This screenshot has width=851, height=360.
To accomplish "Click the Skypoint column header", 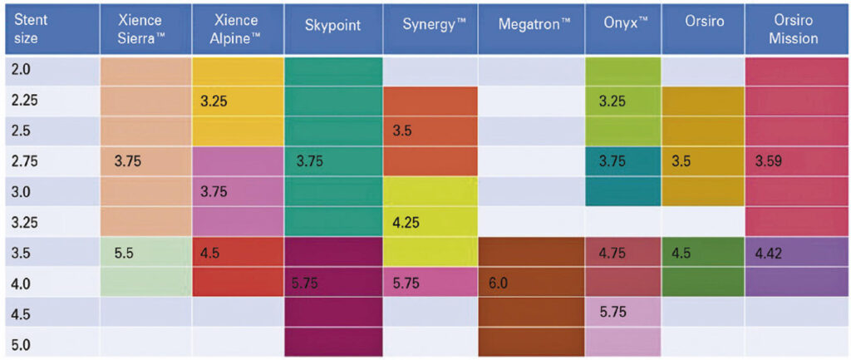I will tap(332, 25).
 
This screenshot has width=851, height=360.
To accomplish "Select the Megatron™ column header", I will tap(529, 25).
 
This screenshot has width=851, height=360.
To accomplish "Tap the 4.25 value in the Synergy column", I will tap(406, 223).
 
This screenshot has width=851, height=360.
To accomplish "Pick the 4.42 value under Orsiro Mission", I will tap(768, 253).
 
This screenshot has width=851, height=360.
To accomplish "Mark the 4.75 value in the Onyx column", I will tap(612, 253).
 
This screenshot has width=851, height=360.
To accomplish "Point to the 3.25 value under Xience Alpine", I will tap(214, 101).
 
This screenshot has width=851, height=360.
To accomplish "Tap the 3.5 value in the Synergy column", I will tap(402, 131).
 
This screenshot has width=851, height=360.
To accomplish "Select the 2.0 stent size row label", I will tap(22, 71).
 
